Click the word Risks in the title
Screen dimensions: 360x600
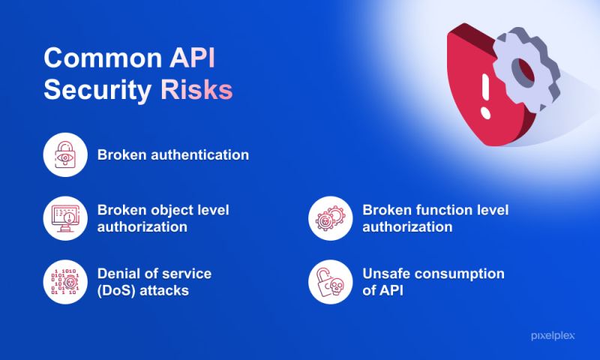(196, 90)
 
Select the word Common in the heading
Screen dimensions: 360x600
(94, 59)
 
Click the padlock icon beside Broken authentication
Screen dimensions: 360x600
(67, 155)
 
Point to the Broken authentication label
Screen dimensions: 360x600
(172, 155)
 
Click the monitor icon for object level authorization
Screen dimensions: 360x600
(67, 218)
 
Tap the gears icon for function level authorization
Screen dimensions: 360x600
(331, 218)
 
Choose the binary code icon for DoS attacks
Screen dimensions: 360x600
(67, 281)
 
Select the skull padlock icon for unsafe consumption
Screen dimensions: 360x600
(331, 281)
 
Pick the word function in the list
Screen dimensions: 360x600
(439, 210)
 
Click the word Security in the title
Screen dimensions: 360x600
(97, 90)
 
